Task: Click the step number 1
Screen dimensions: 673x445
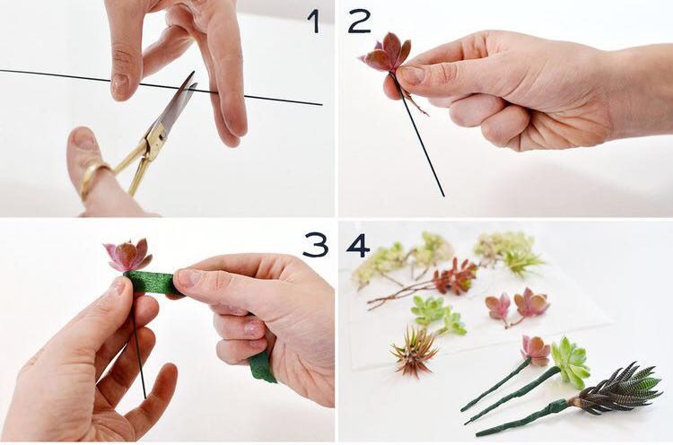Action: tap(314, 22)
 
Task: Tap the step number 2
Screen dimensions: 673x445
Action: tap(360, 22)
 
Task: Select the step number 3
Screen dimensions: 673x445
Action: tap(316, 245)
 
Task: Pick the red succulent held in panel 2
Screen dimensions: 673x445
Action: tap(386, 54)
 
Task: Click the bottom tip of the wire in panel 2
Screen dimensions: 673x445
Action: tap(443, 196)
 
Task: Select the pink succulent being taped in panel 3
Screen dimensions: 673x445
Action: tap(127, 255)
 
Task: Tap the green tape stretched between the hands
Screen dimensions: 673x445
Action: tap(149, 281)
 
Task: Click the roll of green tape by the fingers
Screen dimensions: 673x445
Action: tap(262, 368)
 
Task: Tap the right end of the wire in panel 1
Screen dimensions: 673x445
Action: tap(321, 104)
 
